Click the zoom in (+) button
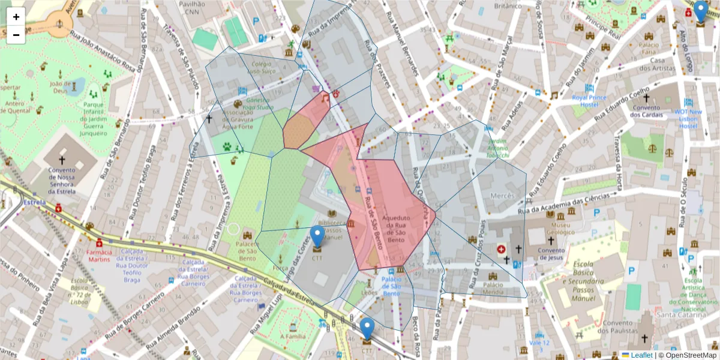click(16, 17)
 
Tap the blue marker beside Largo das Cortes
click(317, 238)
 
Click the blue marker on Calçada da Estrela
click(367, 330)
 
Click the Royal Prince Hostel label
click(589, 100)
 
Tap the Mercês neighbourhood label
click(503, 196)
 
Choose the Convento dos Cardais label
click(646, 111)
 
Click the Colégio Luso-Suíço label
click(262, 67)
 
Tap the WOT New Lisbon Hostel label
click(687, 118)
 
